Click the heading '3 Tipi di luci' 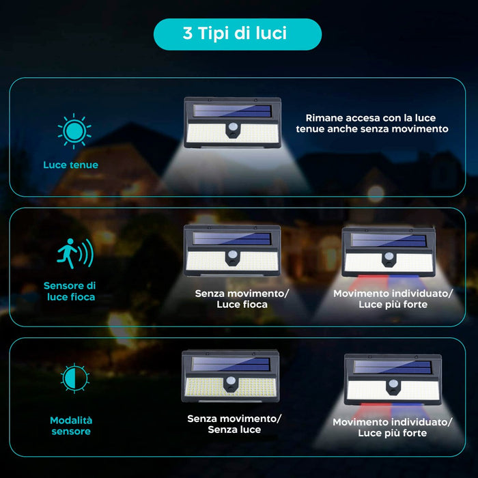pos(237,34)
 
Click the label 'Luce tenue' pos(70,165)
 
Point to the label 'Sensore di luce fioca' pos(70,291)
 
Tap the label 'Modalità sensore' pos(70,425)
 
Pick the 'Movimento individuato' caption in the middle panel pos(393,298)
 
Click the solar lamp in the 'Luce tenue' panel pos(232,123)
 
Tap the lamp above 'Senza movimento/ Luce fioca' pos(232,251)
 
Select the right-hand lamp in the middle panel pos(389,251)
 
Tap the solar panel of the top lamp pos(232,111)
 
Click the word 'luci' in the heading pos(271,34)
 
